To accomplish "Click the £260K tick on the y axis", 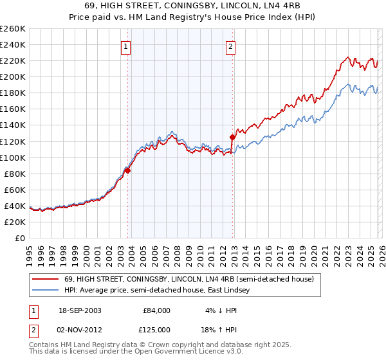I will coord(13,29).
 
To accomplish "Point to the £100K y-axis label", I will coord(13,157).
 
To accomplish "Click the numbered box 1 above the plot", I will coord(125,46).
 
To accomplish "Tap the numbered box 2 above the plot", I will coord(230,46).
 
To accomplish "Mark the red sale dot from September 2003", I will coord(128,170).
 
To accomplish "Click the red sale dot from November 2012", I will coord(232,137).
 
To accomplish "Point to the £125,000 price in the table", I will coord(157,329).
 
